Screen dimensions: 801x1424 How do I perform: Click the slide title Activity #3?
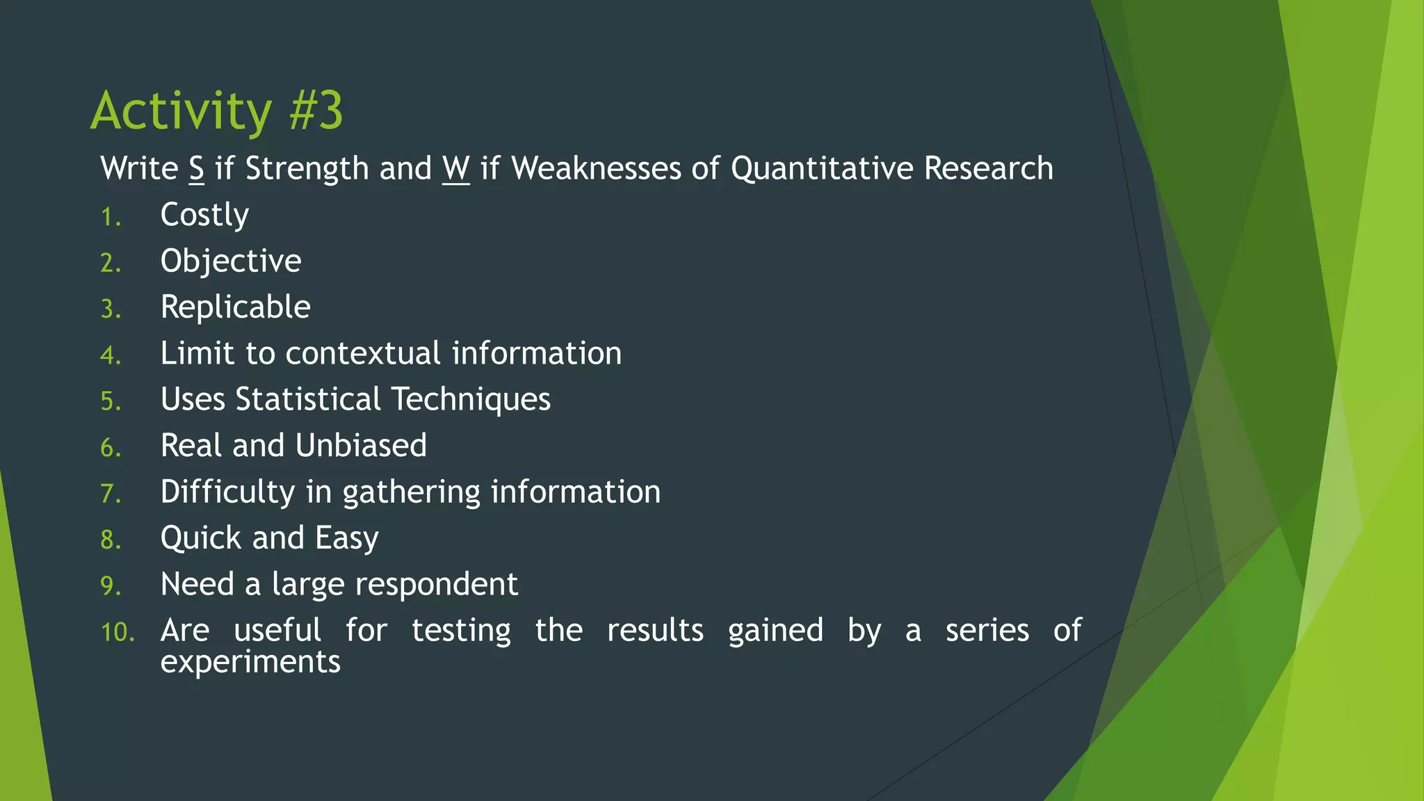coord(216,111)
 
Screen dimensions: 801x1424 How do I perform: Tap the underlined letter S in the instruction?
coord(196,169)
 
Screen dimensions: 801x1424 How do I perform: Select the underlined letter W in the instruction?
coord(455,169)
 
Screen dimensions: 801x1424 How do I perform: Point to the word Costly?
coord(204,216)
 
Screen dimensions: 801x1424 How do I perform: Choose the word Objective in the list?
coord(231,261)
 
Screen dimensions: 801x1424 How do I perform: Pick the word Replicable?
coord(235,307)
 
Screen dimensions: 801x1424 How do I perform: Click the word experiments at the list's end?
coord(250,662)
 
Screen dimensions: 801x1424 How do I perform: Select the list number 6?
coord(111,448)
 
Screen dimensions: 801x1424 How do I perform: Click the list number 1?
coord(111,218)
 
